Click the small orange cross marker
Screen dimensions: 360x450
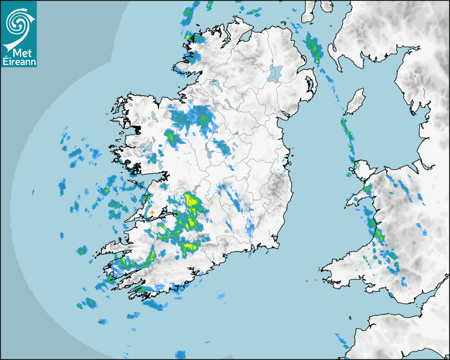pos(152,213)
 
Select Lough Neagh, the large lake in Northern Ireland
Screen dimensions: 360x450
pos(275,73)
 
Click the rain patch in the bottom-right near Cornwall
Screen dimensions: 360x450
pos(341,339)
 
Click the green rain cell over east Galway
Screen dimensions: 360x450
pos(171,138)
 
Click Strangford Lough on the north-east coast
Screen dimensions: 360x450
pos(309,85)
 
